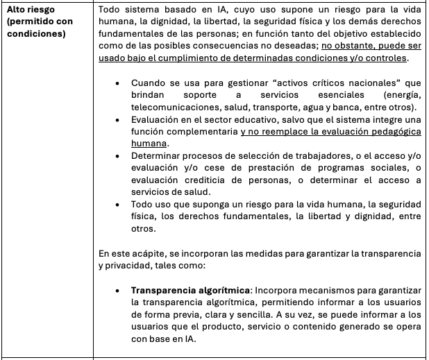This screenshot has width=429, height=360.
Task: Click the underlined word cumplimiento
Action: coord(210,58)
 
